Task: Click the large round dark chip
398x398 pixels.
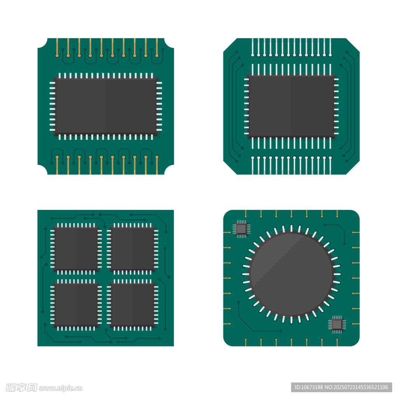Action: click(x=292, y=274)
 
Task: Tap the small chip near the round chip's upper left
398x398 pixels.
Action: click(x=241, y=229)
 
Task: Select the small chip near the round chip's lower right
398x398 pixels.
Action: click(x=337, y=325)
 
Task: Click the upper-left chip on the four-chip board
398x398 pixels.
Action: click(x=76, y=249)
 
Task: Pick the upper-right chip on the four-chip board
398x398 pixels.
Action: click(x=132, y=249)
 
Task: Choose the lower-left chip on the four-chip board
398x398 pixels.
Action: click(x=76, y=305)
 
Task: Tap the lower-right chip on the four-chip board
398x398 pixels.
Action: click(x=132, y=305)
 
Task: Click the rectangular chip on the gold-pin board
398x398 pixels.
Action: click(x=106, y=106)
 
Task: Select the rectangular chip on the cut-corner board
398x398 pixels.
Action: click(x=292, y=106)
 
